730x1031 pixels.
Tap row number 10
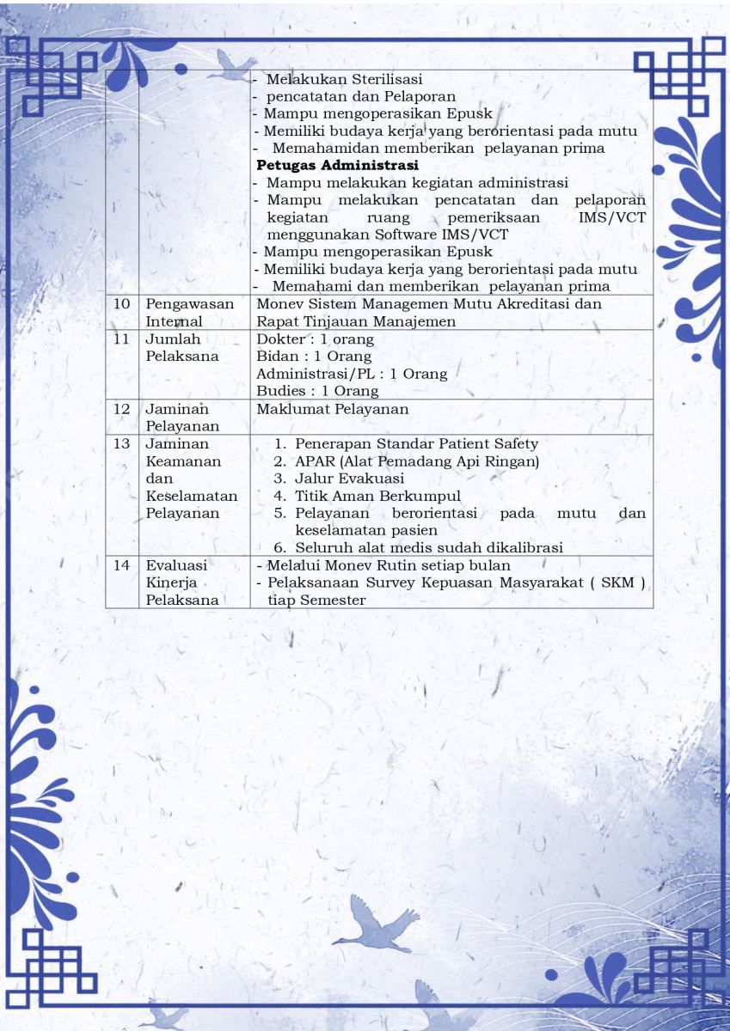click(121, 304)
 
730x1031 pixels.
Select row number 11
click(121, 339)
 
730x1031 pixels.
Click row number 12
click(121, 409)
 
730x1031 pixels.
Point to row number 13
click(121, 444)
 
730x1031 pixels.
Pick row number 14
click(121, 565)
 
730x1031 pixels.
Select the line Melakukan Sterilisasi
click(344, 79)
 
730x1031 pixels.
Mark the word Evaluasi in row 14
click(176, 565)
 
